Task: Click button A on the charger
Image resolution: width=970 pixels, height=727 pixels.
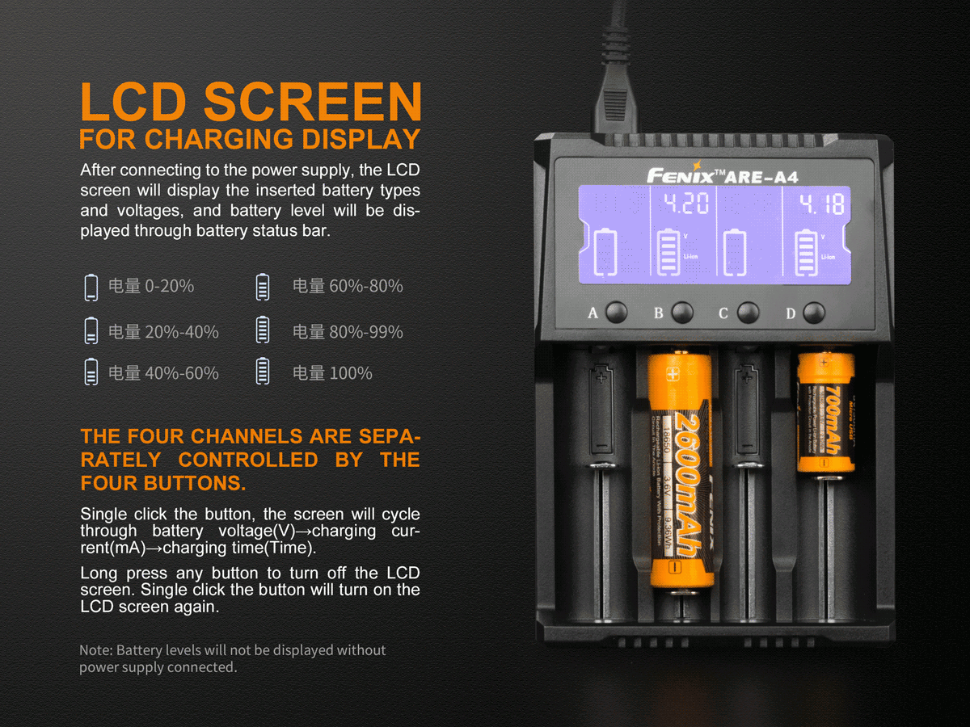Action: pos(617,313)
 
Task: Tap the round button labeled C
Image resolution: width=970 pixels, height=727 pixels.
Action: pos(748,313)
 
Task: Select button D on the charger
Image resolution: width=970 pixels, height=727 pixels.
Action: pos(814,313)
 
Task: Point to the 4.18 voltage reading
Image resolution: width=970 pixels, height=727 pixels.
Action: pos(822,205)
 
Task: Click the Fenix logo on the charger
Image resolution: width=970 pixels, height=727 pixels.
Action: pos(681,174)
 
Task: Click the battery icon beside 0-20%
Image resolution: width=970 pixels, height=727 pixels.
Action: pos(91,287)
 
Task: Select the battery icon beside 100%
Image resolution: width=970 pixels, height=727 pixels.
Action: pos(262,372)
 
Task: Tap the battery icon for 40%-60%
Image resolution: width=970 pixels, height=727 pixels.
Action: pos(91,372)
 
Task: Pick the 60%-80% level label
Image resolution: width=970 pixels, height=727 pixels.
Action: pos(348,286)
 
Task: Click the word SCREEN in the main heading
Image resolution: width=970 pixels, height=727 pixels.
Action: pos(312,103)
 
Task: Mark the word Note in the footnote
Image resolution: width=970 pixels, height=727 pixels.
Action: pos(96,650)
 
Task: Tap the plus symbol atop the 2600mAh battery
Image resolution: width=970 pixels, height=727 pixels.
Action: pos(673,373)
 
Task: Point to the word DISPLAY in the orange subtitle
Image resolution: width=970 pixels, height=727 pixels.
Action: pos(361,139)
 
